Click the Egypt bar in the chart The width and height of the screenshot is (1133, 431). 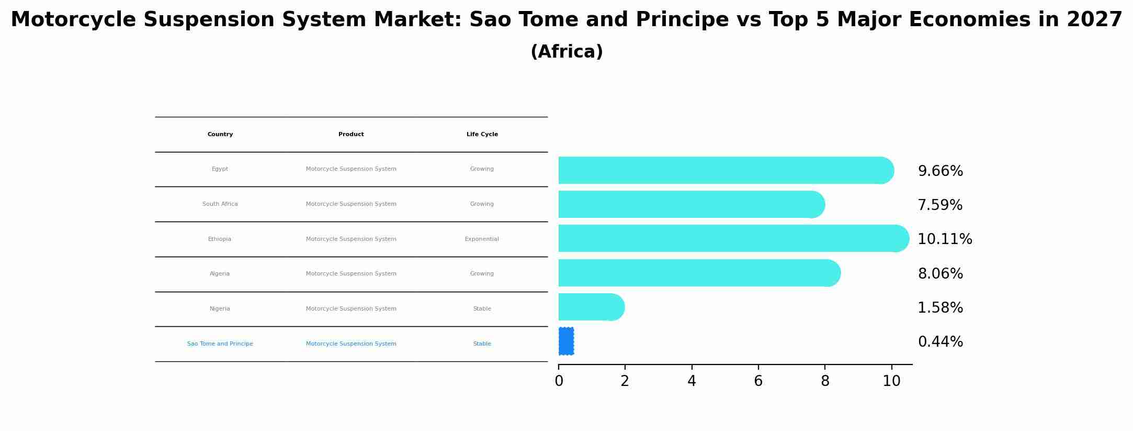[724, 170]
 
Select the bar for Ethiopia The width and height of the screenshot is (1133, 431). [732, 238]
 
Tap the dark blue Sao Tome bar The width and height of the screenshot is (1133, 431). [566, 341]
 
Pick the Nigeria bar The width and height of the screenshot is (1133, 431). [590, 307]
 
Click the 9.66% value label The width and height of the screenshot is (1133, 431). [940, 171]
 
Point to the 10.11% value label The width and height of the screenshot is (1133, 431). [945, 239]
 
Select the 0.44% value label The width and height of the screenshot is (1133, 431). [940, 342]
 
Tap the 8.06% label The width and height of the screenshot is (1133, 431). [940, 274]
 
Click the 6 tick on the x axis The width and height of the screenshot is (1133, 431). [758, 381]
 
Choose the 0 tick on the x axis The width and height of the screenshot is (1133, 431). [559, 381]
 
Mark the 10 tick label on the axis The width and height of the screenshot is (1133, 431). [891, 381]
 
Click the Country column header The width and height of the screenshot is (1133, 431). [220, 135]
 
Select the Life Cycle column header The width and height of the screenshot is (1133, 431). [482, 135]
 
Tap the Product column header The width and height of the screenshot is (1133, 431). [351, 135]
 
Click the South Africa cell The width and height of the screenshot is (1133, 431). [220, 204]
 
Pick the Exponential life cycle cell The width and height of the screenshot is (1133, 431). [482, 239]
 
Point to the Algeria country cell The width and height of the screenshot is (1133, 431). [220, 274]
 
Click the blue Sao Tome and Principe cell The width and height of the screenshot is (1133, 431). [220, 344]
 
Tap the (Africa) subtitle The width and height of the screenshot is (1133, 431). [566, 52]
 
